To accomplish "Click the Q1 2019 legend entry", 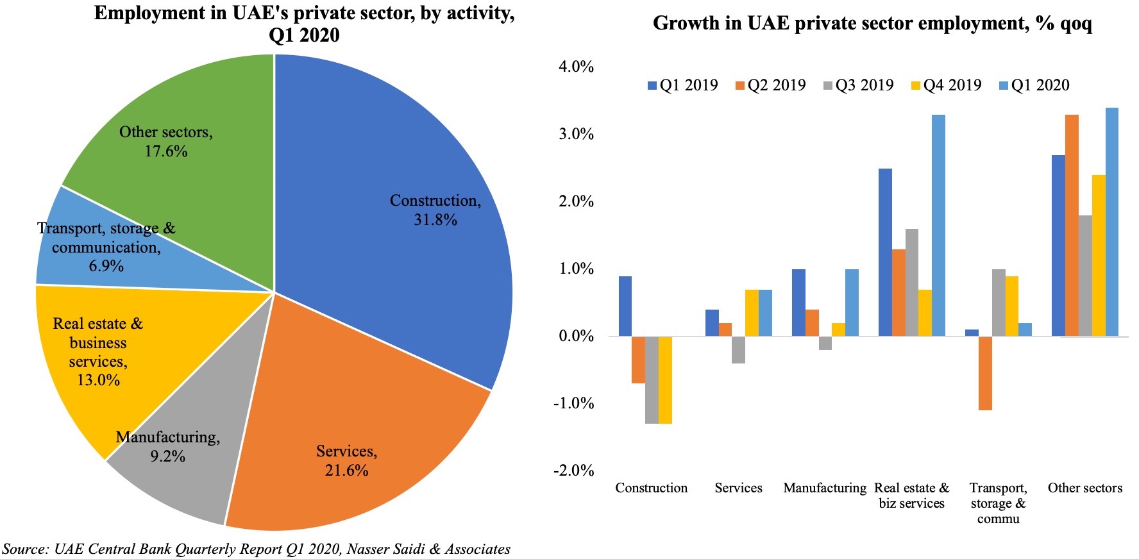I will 682,85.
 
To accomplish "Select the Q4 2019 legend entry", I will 946,85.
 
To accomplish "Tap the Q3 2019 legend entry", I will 858,85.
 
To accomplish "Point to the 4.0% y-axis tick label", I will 576,67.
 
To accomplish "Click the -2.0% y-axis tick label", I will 574,471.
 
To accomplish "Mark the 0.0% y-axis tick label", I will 576,336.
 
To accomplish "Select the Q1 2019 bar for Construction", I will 625,306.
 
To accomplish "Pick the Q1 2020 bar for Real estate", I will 938,225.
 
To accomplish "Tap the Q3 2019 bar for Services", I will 738,350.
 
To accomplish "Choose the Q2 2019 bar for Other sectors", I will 1072,225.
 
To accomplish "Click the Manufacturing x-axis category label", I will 825,488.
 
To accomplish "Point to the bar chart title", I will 872,24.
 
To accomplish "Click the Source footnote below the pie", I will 257,549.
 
